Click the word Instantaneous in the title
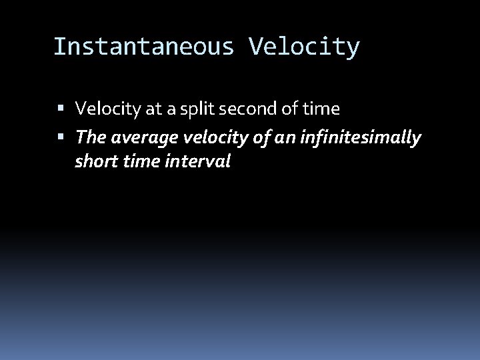pyautogui.click(x=144, y=47)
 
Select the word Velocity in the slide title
pyautogui.click(x=304, y=47)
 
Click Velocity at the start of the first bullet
pyautogui.click(x=103, y=108)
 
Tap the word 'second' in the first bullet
pyautogui.click(x=247, y=108)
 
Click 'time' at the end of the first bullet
pyautogui.click(x=322, y=108)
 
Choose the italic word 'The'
pyautogui.click(x=89, y=137)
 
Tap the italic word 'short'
pyautogui.click(x=93, y=161)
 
